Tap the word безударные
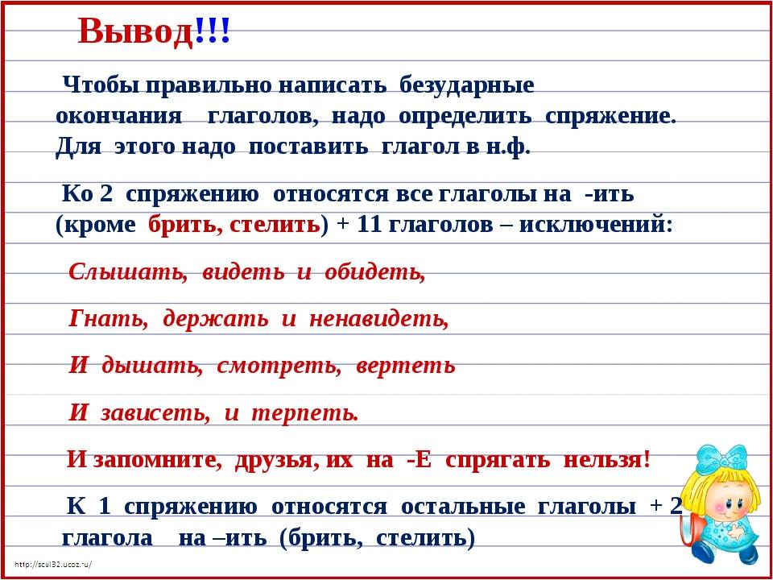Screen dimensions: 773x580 point(466,85)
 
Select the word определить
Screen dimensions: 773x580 point(465,117)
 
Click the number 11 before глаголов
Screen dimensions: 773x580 point(370,225)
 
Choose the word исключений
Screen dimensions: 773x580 point(597,225)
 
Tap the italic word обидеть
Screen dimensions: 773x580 point(374,271)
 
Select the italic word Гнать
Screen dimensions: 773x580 point(109,319)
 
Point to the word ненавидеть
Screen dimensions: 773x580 point(379,319)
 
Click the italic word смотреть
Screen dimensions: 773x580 point(279,366)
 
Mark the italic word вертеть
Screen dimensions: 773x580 point(405,366)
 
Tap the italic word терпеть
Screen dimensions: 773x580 point(304,412)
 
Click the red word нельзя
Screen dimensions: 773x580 point(607,459)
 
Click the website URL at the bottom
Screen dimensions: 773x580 point(54,565)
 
